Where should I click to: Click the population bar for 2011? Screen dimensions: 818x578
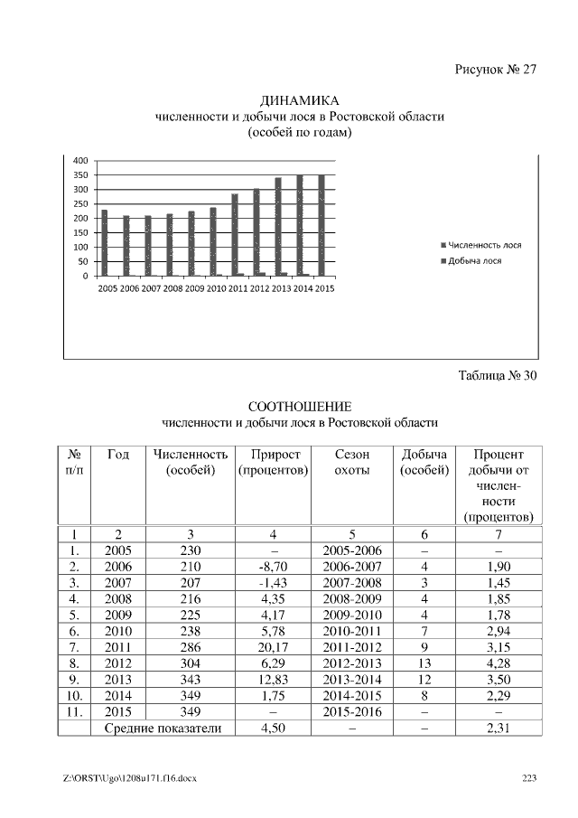(x=234, y=235)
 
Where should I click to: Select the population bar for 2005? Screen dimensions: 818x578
(x=104, y=243)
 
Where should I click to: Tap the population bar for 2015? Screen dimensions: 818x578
(x=321, y=226)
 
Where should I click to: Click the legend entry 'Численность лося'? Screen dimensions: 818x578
(x=485, y=245)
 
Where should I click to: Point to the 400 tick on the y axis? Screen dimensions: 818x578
(x=81, y=160)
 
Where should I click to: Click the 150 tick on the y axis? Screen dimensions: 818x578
(x=81, y=232)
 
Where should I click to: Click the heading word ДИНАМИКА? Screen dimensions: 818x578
(x=299, y=100)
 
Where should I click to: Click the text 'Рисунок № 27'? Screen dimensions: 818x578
(x=496, y=71)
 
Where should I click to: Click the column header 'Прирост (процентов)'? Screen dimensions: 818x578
(x=273, y=462)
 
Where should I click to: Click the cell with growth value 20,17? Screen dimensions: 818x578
(x=273, y=647)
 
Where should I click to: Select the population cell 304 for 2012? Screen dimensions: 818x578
(x=190, y=663)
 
